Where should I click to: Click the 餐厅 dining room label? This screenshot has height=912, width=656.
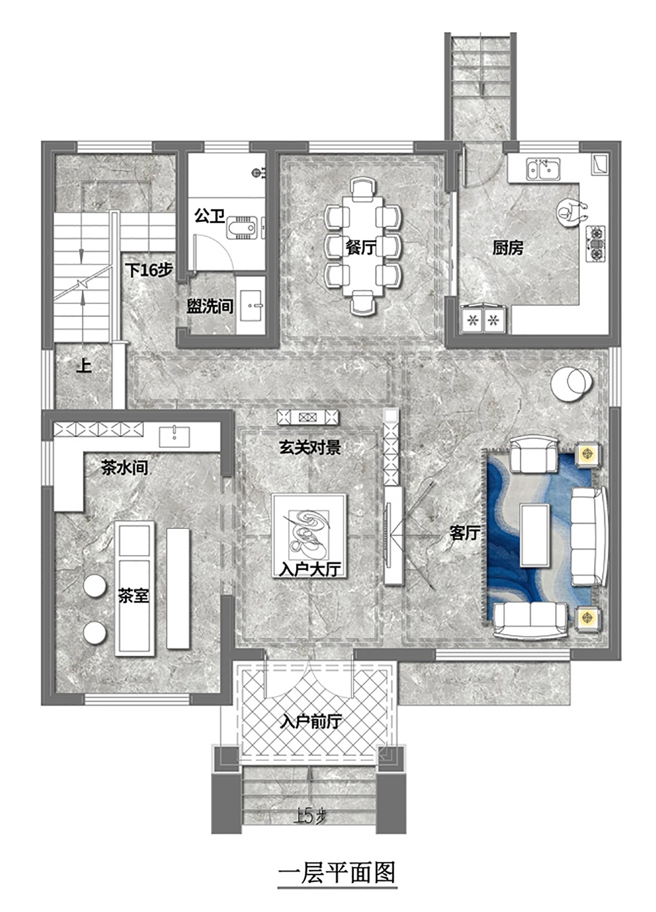point(361,248)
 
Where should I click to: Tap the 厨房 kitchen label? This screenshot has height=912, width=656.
point(508,248)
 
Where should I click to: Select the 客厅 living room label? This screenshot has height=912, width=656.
point(465,533)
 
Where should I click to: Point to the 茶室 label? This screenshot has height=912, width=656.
point(133,595)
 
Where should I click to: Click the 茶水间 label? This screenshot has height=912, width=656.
point(125,468)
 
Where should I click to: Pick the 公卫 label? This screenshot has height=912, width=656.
point(210,216)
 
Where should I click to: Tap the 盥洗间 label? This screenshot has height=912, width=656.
point(210,306)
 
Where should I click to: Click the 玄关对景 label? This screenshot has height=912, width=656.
point(310,447)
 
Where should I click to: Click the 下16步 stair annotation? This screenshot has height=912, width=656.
point(149,270)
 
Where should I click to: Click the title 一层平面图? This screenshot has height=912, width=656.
point(337,872)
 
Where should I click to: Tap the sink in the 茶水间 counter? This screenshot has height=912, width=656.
point(174,435)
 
